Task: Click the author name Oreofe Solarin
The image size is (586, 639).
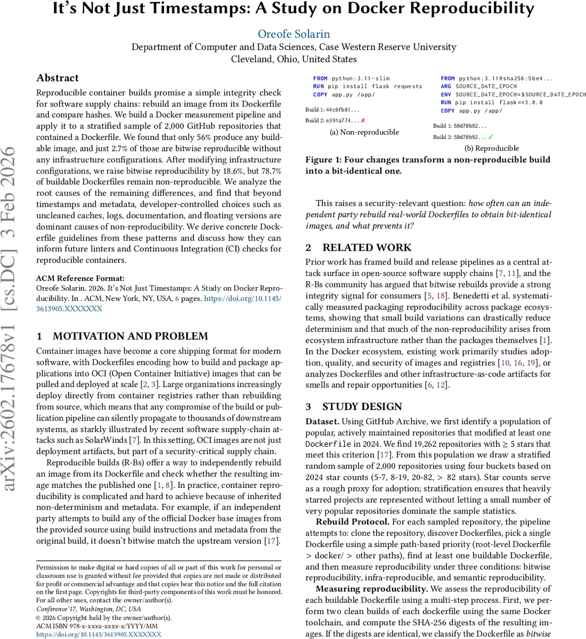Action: coord(294,34)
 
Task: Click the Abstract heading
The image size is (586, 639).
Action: coord(58,78)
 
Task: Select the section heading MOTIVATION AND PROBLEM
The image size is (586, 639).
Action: coord(130,336)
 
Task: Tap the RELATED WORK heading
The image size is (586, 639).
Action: coord(367,248)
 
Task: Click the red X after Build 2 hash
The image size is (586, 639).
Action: coord(363,121)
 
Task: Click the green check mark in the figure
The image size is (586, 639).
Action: coord(491,137)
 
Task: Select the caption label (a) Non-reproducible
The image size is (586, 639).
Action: coord(364,132)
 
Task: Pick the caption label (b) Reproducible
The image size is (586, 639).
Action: coord(492,149)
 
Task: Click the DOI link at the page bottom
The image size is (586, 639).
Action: coord(99,634)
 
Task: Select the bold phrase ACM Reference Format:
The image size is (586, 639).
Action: coord(80,278)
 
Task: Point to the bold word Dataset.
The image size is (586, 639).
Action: coord(322,421)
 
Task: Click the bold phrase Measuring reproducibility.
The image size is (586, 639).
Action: coord(371,589)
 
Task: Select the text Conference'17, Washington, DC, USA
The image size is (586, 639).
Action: coord(88,609)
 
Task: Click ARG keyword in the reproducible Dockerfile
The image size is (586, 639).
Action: coord(446,86)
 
